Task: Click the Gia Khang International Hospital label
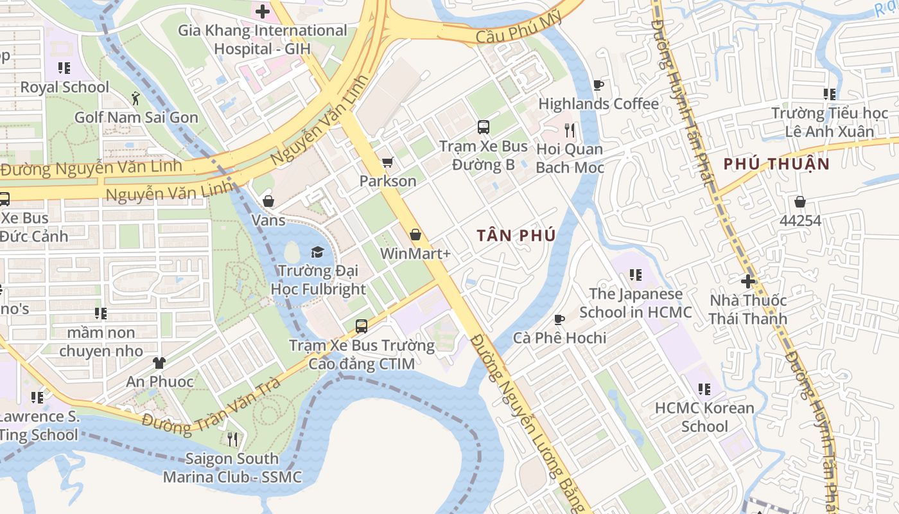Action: point(262,39)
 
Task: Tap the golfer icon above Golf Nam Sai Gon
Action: point(135,98)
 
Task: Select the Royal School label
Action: point(65,87)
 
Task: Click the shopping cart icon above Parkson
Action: point(387,163)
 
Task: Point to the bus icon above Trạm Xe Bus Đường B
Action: point(484,127)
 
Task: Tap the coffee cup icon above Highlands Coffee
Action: point(598,85)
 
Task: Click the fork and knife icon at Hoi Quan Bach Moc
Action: point(570,130)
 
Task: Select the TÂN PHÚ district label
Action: point(516,235)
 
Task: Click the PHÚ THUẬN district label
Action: point(776,163)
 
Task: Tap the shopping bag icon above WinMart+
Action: point(415,235)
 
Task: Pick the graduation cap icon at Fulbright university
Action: point(318,251)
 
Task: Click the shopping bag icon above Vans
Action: point(268,201)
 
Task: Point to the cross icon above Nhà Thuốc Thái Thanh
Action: point(748,281)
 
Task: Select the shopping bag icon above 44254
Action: point(800,202)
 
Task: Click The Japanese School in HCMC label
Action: point(636,303)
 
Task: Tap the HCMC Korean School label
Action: point(704,417)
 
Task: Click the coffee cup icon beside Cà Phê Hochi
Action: point(559,319)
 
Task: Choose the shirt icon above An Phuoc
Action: point(159,363)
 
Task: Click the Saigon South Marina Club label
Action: point(232,468)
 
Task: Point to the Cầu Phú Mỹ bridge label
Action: point(520,30)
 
